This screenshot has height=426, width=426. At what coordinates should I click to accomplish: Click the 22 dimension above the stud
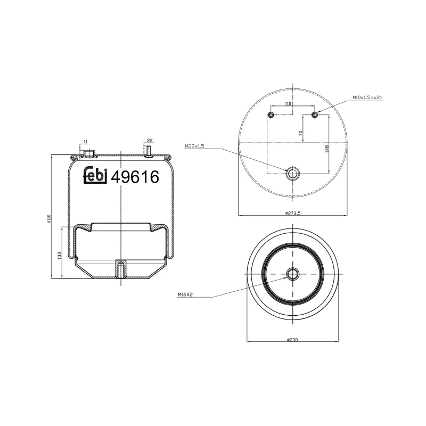tap(150, 140)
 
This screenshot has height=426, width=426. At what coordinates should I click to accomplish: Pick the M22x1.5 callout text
tap(195, 146)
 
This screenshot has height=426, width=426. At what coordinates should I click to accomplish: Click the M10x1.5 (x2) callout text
tap(367, 98)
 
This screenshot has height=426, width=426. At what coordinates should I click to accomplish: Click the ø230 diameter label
tap(292, 340)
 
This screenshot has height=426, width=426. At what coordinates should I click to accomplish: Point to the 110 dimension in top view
tap(288, 104)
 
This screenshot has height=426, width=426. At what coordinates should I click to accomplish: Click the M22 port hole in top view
tap(293, 173)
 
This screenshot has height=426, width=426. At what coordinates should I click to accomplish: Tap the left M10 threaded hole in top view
tap(271, 115)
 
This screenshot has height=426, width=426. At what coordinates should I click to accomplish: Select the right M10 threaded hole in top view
tap(315, 115)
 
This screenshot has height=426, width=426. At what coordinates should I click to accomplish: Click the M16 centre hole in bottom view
tap(292, 274)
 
